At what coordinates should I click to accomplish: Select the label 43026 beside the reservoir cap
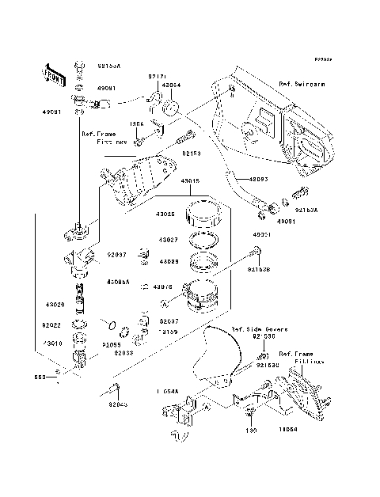(167, 214)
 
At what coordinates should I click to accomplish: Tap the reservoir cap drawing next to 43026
(204, 214)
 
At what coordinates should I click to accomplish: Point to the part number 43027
(167, 239)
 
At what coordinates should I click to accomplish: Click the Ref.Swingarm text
(303, 82)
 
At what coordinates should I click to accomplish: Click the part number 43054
(172, 84)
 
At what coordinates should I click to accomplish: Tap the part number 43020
(55, 304)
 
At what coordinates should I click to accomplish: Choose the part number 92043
(118, 404)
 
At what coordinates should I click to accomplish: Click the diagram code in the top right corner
(321, 59)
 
